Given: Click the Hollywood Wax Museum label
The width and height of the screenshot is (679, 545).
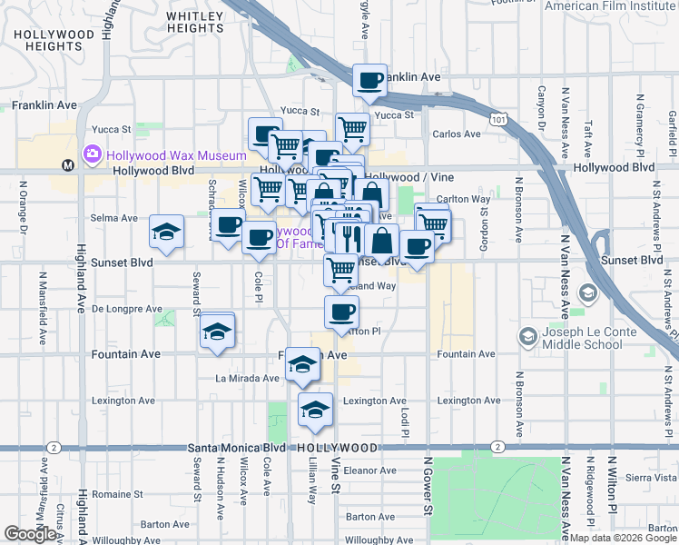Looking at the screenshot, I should pos(176,155).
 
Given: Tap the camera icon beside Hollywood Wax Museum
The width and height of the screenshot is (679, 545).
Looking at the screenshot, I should pos(93,154).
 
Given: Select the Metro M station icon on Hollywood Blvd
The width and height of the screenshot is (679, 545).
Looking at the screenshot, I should pos(67,165).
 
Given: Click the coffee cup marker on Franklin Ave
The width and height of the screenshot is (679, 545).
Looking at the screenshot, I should pos(369,80).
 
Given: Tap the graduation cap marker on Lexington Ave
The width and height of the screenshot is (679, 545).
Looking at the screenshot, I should pos(315,409).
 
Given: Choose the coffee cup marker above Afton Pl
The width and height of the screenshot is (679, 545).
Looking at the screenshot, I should pos(341,312).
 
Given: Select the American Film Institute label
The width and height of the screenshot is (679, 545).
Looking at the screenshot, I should pos(609,5).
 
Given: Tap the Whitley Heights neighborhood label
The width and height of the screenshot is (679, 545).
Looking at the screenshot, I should pos(195,22).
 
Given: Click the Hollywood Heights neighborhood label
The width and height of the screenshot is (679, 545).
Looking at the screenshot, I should pos(54,40).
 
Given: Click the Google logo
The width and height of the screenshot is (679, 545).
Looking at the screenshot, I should pos(30,534).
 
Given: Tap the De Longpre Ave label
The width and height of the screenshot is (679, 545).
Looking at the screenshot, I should pos(127,309).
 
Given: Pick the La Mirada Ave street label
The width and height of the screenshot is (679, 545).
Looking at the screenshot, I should pos(247,378).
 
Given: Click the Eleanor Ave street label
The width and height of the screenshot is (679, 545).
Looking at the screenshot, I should pos(369,471).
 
